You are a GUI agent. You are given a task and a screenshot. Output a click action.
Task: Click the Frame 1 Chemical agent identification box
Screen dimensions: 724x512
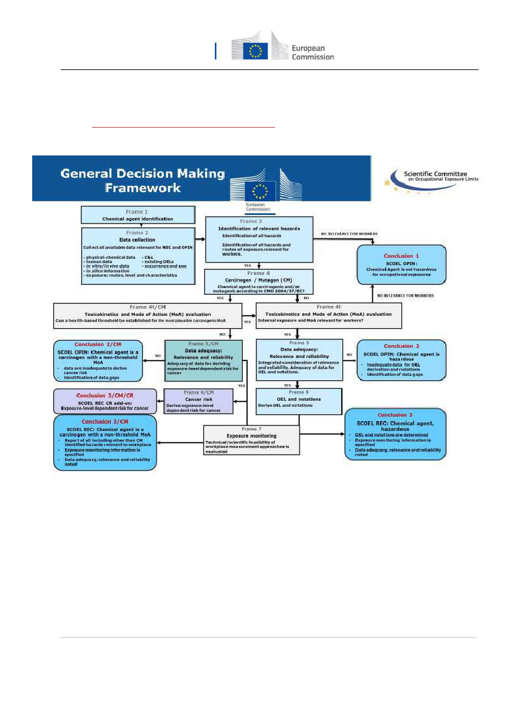click(x=137, y=216)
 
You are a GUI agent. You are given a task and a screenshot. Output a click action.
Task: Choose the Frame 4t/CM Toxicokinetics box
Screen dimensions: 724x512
click(x=147, y=315)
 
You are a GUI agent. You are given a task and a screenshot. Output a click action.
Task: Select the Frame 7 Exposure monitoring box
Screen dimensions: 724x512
click(x=251, y=438)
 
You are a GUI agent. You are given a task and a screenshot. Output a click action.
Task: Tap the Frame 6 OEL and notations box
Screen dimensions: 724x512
click(x=298, y=400)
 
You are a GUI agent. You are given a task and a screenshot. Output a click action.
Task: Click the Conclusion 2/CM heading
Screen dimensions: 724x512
click(x=98, y=344)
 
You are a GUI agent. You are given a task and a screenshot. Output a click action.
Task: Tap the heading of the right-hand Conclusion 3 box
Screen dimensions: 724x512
click(x=394, y=414)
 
